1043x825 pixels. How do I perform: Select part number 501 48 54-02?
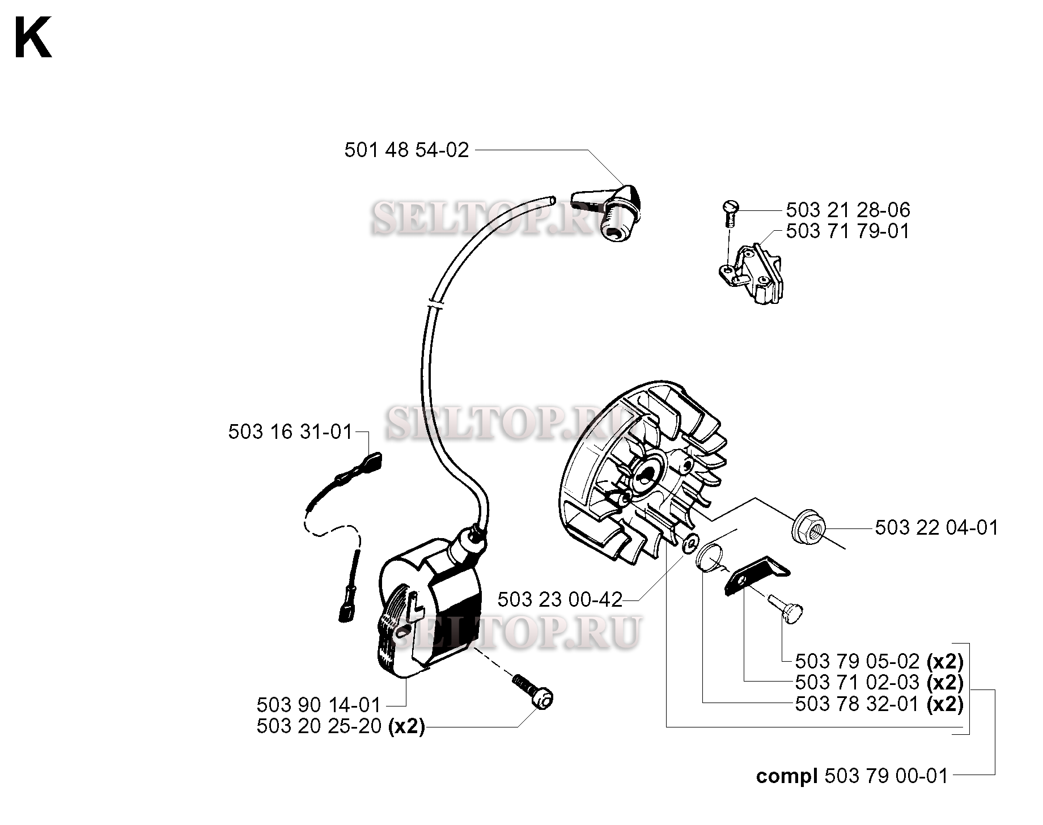(x=406, y=150)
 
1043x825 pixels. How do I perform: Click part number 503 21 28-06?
(x=848, y=210)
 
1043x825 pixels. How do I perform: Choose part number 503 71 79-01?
(x=847, y=231)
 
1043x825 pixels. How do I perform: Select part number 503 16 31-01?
(x=290, y=432)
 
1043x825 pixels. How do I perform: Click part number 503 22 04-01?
(x=936, y=528)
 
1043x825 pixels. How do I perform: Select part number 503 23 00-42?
(x=560, y=599)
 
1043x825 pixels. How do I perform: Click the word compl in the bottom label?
(x=787, y=776)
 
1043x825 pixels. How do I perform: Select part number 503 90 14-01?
(x=319, y=705)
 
